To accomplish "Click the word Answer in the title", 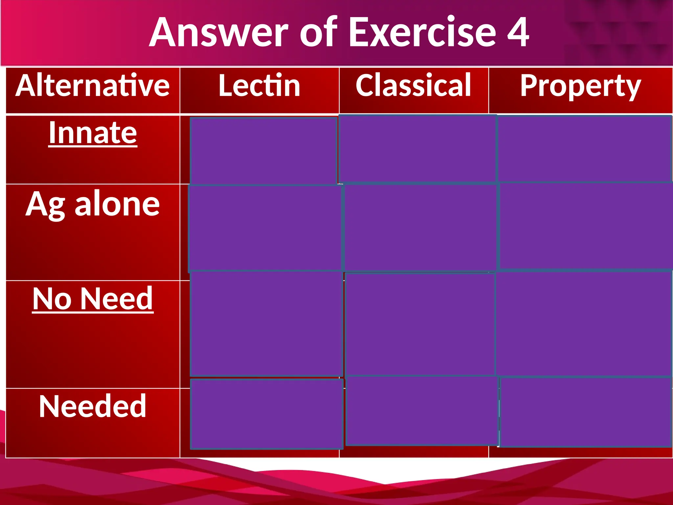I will coord(219,32).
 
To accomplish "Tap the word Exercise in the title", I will coord(422,32).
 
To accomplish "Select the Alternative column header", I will coord(93,86).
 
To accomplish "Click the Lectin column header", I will coord(259,86).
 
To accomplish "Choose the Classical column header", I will coord(413,86).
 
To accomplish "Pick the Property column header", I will coord(580,86).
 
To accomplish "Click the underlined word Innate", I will coord(93,133).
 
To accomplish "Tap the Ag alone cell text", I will coord(93,204).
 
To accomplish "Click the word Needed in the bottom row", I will coord(93,406).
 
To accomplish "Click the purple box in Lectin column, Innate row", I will coord(263,151).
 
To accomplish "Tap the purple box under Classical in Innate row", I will coord(417,148).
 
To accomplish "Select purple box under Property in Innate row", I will coord(584,148).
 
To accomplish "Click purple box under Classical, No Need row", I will coord(420,324).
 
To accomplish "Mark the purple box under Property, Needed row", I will coord(585,412).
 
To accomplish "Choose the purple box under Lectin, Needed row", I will coord(267,414).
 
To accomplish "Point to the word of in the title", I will coord(318,32).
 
